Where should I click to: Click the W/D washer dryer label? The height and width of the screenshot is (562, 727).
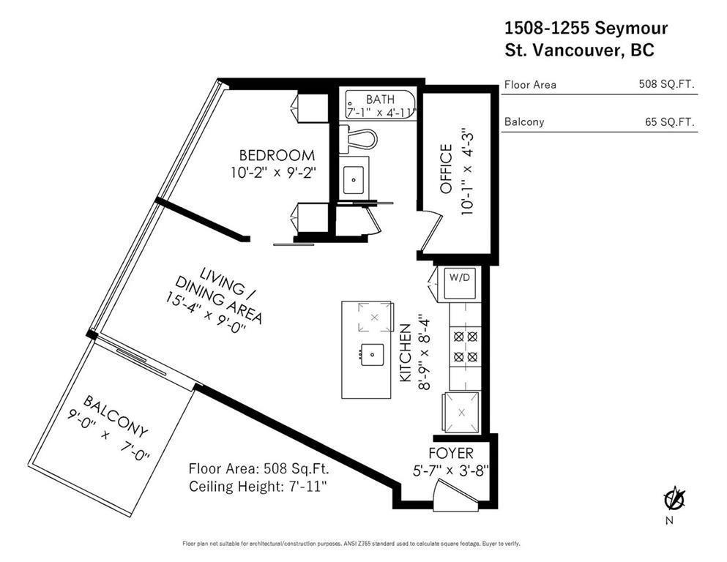[x=460, y=278]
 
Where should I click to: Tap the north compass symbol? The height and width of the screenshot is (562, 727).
[x=674, y=501]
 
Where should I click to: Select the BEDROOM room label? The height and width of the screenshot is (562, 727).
[x=277, y=155]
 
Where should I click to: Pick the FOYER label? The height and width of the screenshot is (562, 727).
[x=450, y=453]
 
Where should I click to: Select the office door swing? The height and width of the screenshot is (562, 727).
[x=432, y=233]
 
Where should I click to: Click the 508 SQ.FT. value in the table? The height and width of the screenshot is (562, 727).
[x=666, y=84]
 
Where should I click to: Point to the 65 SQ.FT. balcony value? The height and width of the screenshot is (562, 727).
[x=669, y=121]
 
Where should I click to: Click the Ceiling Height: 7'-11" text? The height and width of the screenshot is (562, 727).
[x=263, y=487]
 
